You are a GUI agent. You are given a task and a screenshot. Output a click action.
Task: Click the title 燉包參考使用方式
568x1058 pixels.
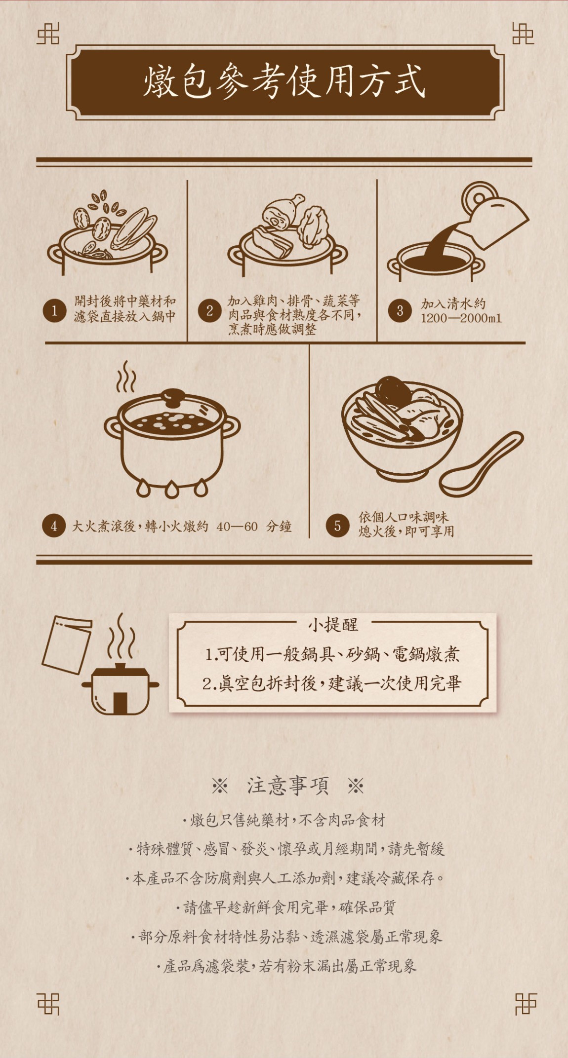pos(284,82)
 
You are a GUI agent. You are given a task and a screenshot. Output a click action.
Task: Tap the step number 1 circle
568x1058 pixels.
pos(54,311)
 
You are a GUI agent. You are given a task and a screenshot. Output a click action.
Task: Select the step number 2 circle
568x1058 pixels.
pos(209,311)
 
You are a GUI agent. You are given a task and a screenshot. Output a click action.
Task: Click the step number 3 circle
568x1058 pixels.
pos(400,311)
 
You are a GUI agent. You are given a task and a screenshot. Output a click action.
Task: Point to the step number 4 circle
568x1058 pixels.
pos(54,526)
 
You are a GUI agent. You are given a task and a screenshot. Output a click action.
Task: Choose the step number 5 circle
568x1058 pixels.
pos(337,526)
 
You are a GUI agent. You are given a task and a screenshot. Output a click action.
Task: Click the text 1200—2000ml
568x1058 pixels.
pos(461,318)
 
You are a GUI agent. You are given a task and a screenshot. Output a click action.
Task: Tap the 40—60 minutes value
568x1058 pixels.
pos(237,527)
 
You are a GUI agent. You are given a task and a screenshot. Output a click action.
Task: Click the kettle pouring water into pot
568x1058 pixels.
pos(494,215)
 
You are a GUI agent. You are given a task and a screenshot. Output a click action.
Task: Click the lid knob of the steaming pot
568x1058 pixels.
pos(173,395)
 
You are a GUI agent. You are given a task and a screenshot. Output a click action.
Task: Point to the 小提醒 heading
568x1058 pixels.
pos(333,625)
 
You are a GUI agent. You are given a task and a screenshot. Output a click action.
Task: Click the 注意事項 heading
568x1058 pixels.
pos(287,785)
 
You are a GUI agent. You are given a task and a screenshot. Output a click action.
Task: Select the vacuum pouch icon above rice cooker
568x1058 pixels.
pos(67,644)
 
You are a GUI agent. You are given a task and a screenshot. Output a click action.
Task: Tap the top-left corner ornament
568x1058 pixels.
pos(48,34)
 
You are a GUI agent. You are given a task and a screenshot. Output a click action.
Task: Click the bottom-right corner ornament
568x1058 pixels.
pos(525,1003)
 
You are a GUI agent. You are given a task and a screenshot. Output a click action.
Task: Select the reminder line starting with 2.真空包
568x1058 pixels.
pos(332,683)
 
